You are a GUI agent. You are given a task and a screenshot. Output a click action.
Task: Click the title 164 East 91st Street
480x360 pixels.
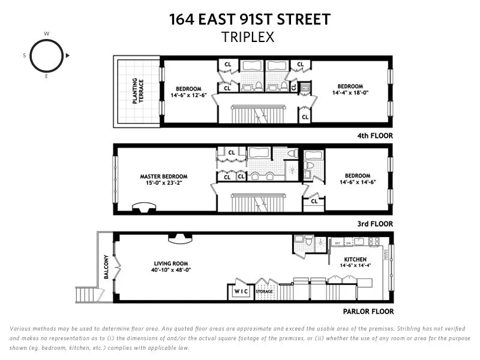pos(250,19)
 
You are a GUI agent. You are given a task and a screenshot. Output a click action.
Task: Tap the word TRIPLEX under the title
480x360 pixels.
pos(248,37)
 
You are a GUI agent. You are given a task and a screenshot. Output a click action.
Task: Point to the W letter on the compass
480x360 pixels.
pos(46,34)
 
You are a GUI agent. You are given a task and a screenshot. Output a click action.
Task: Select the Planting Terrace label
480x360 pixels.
pos(138,91)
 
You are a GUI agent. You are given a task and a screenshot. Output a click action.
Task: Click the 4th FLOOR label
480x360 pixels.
pos(373,136)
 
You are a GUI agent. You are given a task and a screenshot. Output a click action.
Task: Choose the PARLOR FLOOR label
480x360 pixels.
pos(368,311)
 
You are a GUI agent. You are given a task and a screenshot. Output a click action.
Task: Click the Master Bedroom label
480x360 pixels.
pos(164,176)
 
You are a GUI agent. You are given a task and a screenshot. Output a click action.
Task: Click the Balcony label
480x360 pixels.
pos(106,266)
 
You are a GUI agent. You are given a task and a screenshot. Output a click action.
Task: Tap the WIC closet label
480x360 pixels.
pos(241,292)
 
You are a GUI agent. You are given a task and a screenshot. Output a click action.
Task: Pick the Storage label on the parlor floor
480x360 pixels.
pos(264,292)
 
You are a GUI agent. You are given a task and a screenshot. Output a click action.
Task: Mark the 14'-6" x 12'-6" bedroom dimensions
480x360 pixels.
pos(188,95)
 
